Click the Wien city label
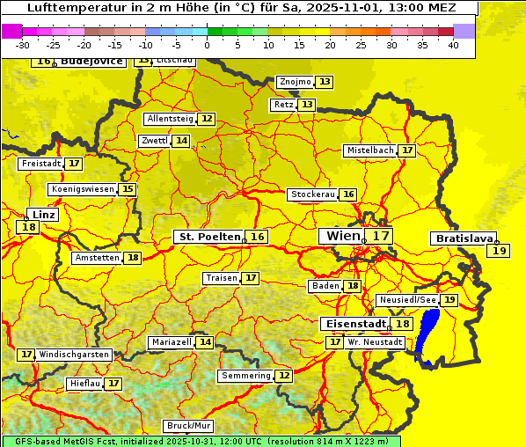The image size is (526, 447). pyautogui.click(x=343, y=236)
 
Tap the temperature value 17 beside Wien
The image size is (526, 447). pyautogui.click(x=380, y=236)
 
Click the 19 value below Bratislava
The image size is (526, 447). pyautogui.click(x=500, y=251)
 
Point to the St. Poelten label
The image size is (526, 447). pyautogui.click(x=208, y=237)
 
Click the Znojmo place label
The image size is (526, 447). pyautogui.click(x=295, y=82)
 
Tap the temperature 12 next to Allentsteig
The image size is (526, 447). pyautogui.click(x=207, y=119)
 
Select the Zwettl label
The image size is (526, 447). pyautogui.click(x=153, y=141)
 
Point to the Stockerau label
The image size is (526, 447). pyautogui.click(x=312, y=194)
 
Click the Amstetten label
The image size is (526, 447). pyautogui.click(x=97, y=258)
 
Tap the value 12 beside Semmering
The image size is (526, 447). pyautogui.click(x=283, y=376)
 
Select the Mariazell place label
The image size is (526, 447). pyautogui.click(x=172, y=342)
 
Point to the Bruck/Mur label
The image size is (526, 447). pyautogui.click(x=189, y=426)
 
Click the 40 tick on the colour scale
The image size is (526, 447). pyautogui.click(x=453, y=44)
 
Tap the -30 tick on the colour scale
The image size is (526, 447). pyautogui.click(x=23, y=44)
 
